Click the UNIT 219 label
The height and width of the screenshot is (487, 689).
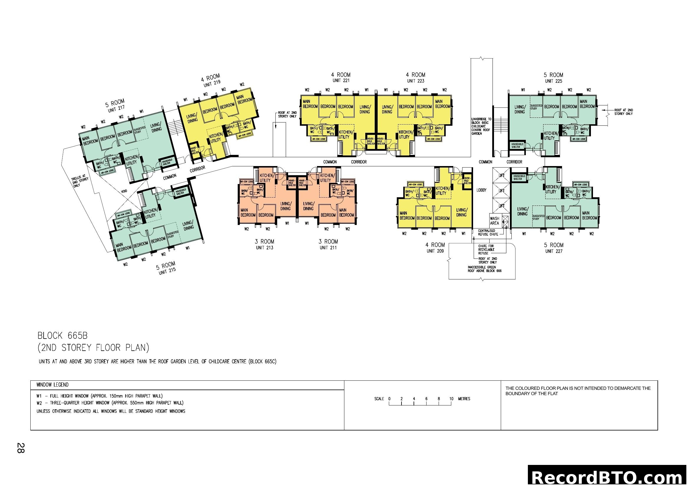click(x=212, y=83)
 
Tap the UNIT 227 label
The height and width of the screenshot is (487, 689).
click(x=554, y=251)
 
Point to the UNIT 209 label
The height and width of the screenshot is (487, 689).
click(x=435, y=251)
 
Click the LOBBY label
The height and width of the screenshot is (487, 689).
click(x=481, y=190)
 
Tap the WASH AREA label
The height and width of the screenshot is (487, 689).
click(x=495, y=221)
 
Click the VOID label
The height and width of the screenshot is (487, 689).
click(x=124, y=191)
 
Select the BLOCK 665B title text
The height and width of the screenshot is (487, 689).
click(x=62, y=335)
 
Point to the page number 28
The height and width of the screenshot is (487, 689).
click(x=20, y=448)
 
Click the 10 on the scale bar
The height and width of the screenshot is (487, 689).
click(x=451, y=399)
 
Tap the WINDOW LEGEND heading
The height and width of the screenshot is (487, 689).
click(x=52, y=385)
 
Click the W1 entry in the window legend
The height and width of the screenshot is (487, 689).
click(x=99, y=396)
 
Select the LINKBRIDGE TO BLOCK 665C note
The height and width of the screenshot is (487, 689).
click(x=481, y=126)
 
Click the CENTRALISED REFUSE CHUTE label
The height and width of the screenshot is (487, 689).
click(x=488, y=232)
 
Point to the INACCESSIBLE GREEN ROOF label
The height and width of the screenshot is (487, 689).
click(x=484, y=269)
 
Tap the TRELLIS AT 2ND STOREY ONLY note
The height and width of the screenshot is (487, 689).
click(x=80, y=180)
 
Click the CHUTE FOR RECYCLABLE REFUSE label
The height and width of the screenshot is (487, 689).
click(x=486, y=249)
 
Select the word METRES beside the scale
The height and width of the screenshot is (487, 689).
click(x=464, y=399)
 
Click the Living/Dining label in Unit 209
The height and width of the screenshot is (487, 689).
click(x=461, y=212)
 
